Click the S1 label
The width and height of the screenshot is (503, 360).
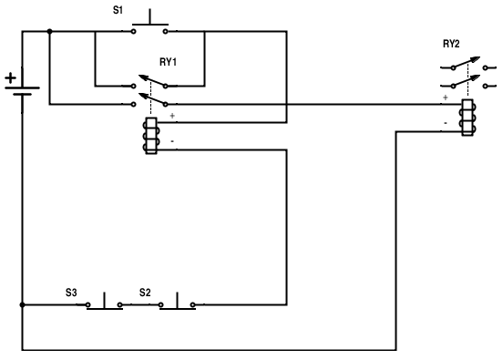tap(118, 10)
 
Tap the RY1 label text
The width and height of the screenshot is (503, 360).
tap(168, 62)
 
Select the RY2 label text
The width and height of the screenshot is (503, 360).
tap(451, 44)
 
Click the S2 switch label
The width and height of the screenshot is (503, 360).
tap(145, 293)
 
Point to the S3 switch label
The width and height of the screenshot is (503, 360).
tap(71, 293)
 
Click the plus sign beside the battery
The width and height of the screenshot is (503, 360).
tap(11, 78)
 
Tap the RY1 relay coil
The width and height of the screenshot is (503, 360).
tap(152, 136)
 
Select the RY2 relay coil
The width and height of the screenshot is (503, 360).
tap(467, 118)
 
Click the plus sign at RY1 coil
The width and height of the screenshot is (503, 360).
tap(172, 116)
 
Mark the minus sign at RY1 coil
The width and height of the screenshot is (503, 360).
tap(172, 141)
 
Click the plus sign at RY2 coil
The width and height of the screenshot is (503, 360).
tap(445, 98)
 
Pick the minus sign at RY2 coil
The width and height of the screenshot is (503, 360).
tap(446, 123)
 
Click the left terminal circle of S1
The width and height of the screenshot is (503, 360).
tap(133, 32)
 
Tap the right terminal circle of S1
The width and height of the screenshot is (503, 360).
tap(165, 32)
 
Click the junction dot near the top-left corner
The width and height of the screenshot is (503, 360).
tap(49, 32)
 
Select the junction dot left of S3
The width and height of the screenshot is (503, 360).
tap(22, 304)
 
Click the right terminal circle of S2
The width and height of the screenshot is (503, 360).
tap(193, 304)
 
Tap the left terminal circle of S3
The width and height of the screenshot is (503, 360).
tap(87, 304)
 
